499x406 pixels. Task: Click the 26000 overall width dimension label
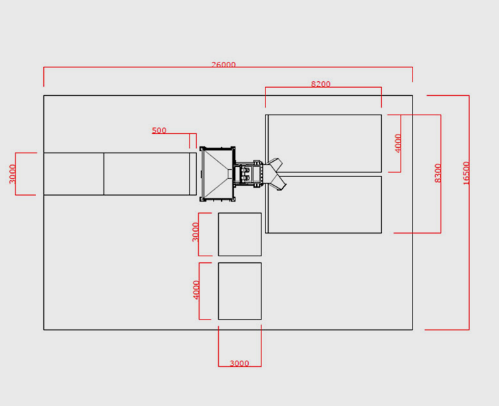click(x=224, y=65)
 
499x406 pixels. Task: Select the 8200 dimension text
click(x=321, y=84)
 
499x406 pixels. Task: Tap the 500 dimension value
click(x=159, y=130)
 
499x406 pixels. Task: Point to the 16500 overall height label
click(x=466, y=173)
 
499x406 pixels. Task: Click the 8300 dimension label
click(x=438, y=173)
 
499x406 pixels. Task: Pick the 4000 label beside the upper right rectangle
click(x=398, y=143)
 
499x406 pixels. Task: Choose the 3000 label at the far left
click(x=12, y=174)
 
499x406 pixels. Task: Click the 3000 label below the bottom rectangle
click(x=240, y=363)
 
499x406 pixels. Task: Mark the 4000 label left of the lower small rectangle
click(x=196, y=290)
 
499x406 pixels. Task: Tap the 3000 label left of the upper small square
click(x=196, y=232)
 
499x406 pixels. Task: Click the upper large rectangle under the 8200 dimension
click(x=323, y=143)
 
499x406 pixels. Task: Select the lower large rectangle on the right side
click(x=323, y=205)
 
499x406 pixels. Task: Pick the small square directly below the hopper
click(x=240, y=234)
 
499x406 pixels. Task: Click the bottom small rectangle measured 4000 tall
click(x=240, y=291)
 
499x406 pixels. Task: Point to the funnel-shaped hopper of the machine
click(x=216, y=174)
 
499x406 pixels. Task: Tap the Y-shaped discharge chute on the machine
click(x=275, y=174)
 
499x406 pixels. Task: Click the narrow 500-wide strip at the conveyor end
click(x=193, y=174)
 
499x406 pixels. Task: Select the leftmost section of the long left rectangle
click(x=74, y=174)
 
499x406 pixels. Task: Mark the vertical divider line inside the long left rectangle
click(x=104, y=174)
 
